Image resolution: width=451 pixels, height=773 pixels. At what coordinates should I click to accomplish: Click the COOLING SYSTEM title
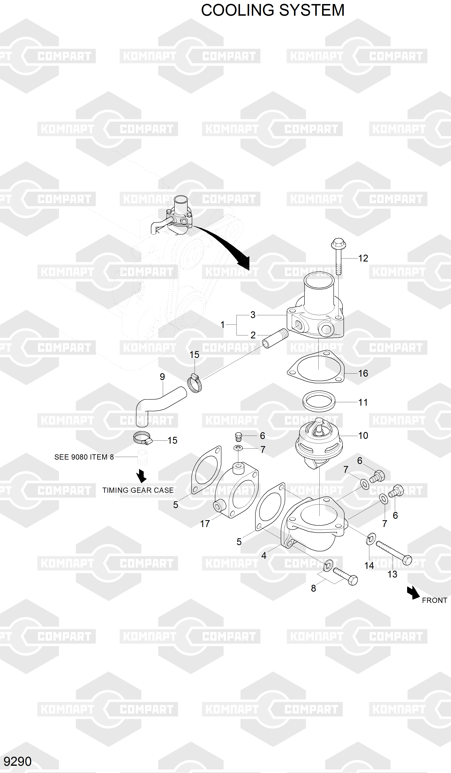point(272,10)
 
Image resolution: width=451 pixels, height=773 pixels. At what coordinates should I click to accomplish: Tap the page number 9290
point(18,761)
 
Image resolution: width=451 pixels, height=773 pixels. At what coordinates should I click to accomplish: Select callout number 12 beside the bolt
point(363,258)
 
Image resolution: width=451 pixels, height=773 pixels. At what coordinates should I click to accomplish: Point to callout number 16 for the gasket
point(363,373)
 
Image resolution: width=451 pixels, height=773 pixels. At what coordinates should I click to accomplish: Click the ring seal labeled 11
point(319,401)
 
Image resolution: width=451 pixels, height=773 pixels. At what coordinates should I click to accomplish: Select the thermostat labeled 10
point(319,442)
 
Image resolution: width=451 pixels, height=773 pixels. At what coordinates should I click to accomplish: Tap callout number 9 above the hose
point(162,377)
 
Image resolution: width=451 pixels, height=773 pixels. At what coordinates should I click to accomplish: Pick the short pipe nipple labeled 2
point(275,339)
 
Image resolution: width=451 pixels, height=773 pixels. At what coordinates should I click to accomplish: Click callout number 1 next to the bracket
point(223,324)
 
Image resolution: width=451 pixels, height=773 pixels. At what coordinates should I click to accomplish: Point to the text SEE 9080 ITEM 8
point(84,457)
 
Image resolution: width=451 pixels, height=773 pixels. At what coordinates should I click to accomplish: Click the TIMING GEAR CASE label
point(138,490)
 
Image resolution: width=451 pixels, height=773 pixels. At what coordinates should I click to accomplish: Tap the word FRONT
point(434,600)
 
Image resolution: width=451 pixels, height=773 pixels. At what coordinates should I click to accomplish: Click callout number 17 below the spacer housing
point(205,524)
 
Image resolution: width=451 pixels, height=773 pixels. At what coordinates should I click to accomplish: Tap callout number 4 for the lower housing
point(264,555)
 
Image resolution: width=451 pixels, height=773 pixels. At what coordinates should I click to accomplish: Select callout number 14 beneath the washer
point(369,566)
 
